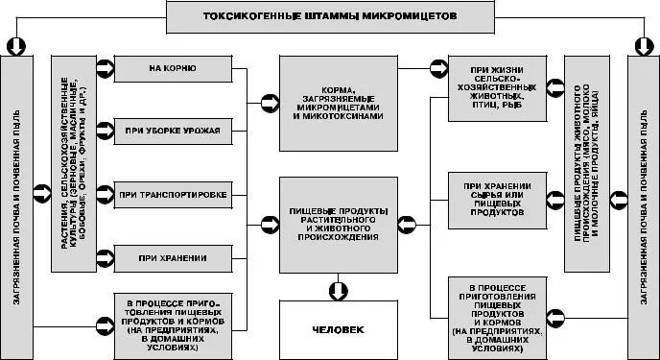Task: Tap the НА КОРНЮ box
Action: point(174,68)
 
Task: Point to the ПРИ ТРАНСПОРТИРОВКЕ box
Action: point(174,195)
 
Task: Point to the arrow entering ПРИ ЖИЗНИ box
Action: point(437,69)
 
